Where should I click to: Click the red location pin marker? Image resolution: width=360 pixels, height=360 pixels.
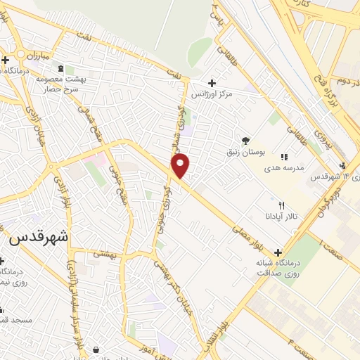181,165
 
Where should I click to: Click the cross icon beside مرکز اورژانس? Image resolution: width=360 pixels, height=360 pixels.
212,82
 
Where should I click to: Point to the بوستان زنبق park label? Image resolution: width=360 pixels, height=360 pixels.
243,151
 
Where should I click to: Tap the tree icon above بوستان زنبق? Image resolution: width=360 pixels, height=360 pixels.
245,140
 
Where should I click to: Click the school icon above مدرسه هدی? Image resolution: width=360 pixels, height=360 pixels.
284,157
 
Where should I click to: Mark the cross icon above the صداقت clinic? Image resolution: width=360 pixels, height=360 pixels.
279,252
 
